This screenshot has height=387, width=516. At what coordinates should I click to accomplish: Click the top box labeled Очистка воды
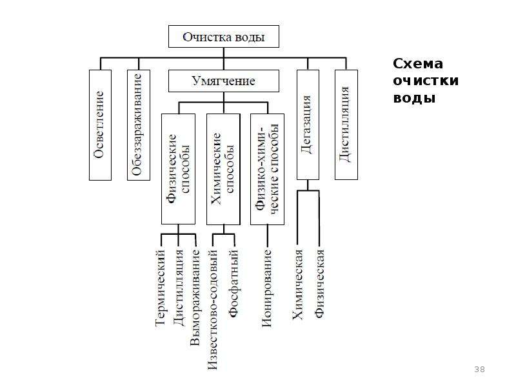[x=224, y=37]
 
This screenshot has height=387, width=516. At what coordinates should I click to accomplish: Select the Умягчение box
[x=224, y=81]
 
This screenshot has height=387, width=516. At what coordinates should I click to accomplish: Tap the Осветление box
[x=101, y=125]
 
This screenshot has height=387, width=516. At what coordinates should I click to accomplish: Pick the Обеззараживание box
[x=139, y=125]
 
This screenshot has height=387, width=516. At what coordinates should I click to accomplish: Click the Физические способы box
[x=179, y=169]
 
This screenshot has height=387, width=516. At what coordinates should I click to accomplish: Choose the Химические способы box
[x=223, y=169]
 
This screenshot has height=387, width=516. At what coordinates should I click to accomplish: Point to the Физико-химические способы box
[x=267, y=169]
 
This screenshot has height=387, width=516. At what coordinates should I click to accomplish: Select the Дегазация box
[x=308, y=124]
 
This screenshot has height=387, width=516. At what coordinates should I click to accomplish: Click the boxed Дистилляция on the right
[x=346, y=124]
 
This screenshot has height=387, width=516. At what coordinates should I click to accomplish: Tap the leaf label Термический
[x=160, y=288]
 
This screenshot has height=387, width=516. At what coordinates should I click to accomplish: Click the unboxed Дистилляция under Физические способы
[x=179, y=288]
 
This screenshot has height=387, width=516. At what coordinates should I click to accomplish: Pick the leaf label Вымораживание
[x=195, y=298]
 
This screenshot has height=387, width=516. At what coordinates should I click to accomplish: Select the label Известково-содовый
[x=213, y=310]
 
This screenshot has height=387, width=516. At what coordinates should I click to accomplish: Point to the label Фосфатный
[x=233, y=283]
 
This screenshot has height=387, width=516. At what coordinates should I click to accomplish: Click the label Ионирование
[x=267, y=288]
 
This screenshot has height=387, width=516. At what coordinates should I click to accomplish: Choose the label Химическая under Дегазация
[x=298, y=284]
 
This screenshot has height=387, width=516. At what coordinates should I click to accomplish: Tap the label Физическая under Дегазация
[x=319, y=284]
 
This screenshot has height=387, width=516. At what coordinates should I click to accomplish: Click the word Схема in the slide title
[x=418, y=63]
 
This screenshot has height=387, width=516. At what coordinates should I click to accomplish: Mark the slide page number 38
[x=479, y=369]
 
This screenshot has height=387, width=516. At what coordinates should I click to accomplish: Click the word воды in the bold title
[x=414, y=98]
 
